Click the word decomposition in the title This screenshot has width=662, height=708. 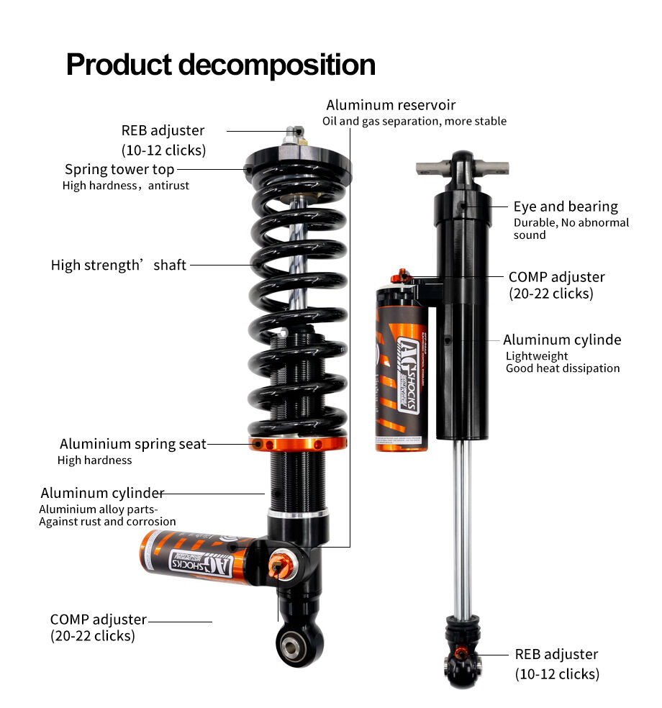(276, 64)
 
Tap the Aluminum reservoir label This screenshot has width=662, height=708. (391, 105)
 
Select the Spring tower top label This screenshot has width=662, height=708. (119, 169)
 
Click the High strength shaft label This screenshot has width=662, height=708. (119, 265)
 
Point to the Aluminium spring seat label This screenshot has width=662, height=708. (133, 444)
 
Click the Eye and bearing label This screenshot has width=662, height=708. (566, 206)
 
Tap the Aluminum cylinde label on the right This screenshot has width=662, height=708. (562, 340)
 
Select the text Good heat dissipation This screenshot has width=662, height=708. (563, 368)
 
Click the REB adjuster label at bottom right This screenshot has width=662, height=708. (556, 654)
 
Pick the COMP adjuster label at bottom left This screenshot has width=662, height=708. (99, 619)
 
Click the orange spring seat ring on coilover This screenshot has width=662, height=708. (297, 444)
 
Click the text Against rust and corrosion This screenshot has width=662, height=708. (108, 522)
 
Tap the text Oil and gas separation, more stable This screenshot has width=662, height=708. (414, 121)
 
